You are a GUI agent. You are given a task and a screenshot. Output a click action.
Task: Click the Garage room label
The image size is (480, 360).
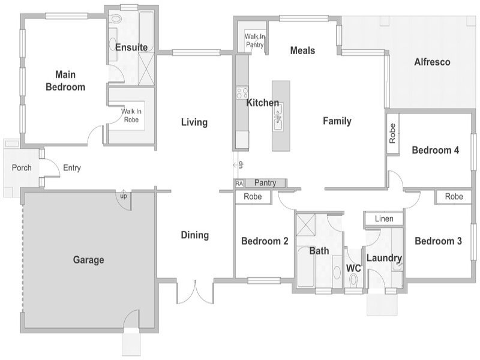[x=88, y=260]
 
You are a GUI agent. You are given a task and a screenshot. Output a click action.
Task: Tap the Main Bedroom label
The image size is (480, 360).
[x=65, y=81]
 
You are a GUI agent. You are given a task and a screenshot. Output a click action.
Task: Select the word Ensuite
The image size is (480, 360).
[x=131, y=47]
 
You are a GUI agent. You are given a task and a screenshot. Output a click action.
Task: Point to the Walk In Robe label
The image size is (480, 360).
[x=131, y=115]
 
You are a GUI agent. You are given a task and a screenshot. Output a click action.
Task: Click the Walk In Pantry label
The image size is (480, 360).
[x=254, y=40]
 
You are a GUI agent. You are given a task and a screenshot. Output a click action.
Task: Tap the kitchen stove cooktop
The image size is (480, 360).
[x=242, y=93]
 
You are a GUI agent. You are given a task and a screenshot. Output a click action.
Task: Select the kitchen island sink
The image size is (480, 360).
[x=278, y=117]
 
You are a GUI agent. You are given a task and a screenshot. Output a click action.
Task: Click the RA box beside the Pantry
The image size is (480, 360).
[x=239, y=184]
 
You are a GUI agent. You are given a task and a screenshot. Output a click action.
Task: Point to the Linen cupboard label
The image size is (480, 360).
[x=384, y=219]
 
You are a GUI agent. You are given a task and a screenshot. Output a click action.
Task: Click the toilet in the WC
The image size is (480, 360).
[x=353, y=280]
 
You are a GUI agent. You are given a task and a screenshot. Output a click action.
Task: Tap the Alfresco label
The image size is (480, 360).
[x=432, y=62]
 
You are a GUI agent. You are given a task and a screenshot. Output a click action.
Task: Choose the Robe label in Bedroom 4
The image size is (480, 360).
[x=392, y=133]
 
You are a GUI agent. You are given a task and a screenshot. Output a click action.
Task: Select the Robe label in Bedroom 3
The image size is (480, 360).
[x=454, y=197]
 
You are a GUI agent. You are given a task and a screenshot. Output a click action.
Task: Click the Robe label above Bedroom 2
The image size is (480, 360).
[x=253, y=197]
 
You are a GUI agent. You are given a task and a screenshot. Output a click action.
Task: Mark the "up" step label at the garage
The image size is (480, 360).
[x=124, y=196]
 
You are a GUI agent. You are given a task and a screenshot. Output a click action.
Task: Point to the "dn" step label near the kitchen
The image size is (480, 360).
[x=241, y=164]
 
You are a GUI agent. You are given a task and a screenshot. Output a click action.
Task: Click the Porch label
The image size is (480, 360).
[x=22, y=168]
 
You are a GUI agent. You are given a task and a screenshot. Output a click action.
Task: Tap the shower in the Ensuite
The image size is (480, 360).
[x=146, y=68]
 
